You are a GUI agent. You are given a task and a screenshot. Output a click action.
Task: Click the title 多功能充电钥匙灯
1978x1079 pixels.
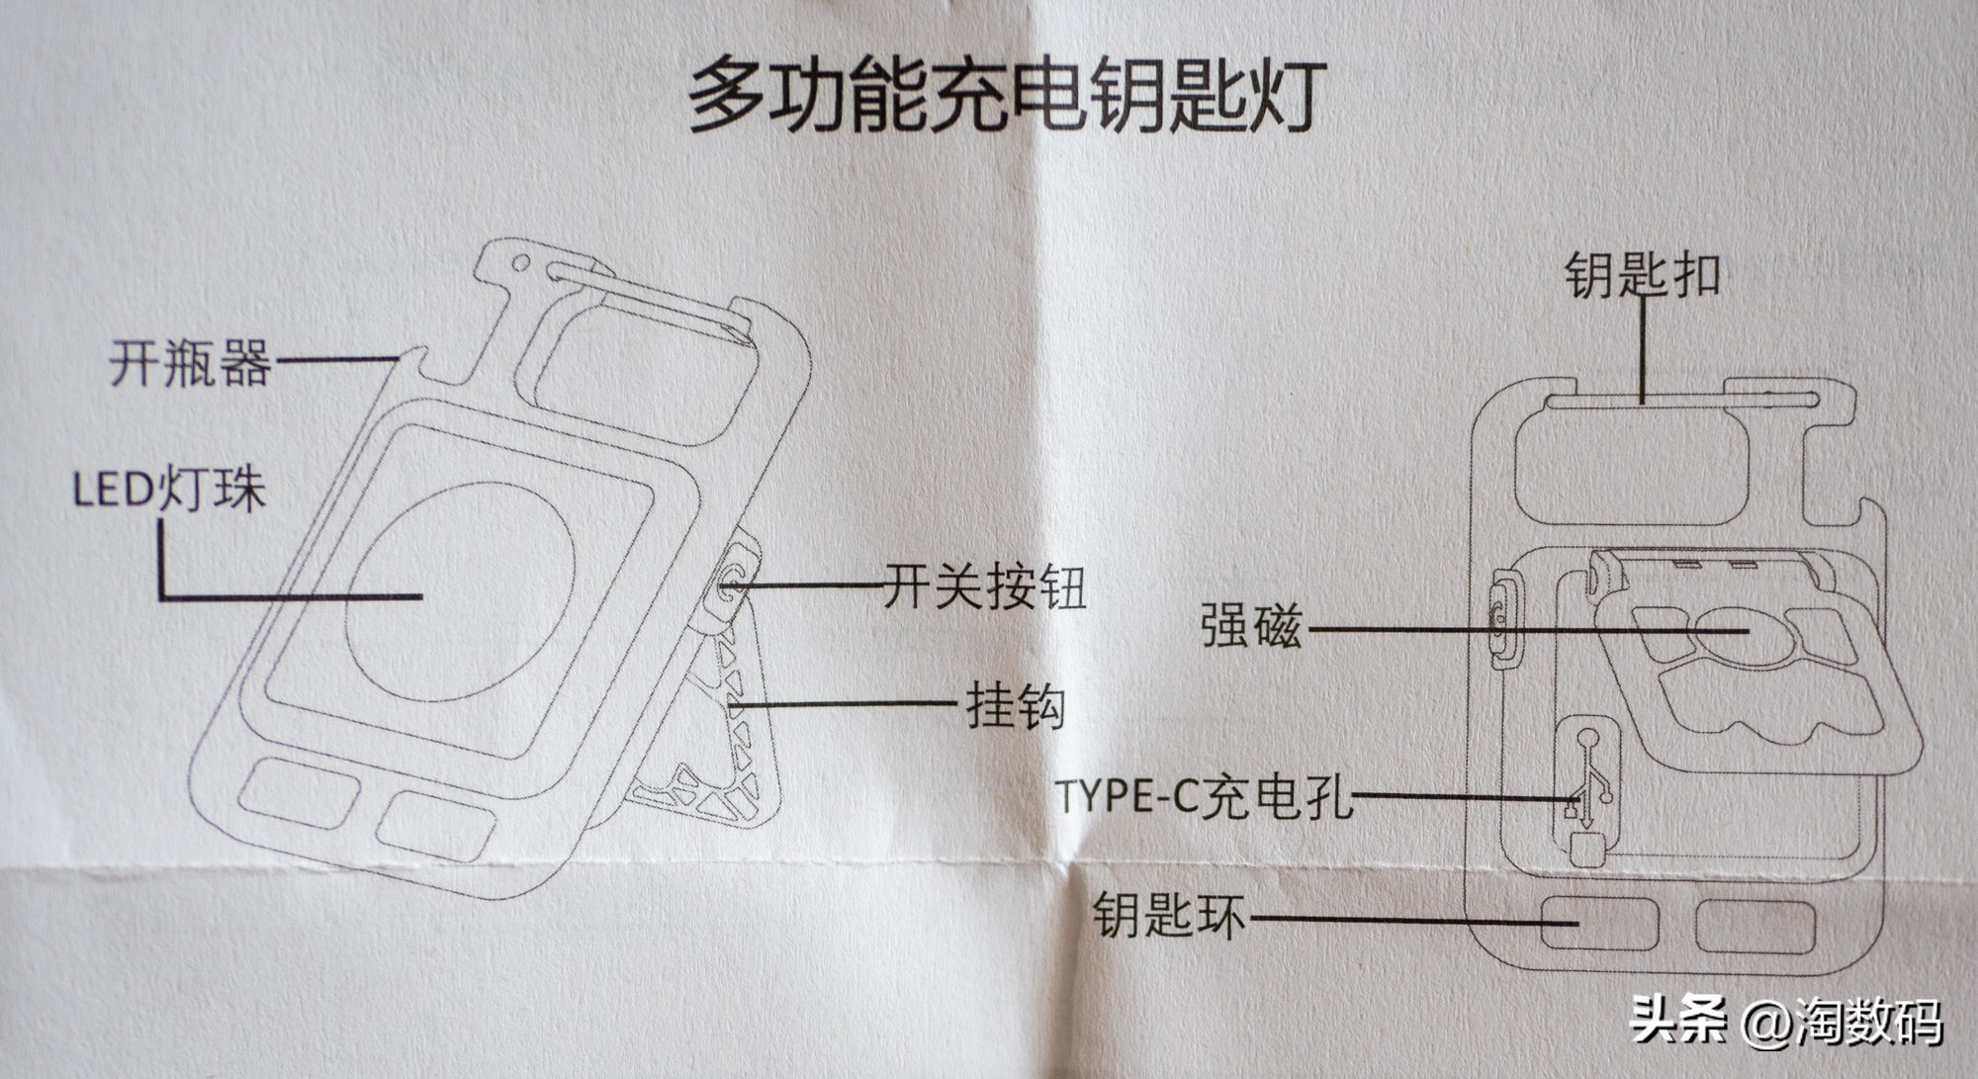pos(1007,97)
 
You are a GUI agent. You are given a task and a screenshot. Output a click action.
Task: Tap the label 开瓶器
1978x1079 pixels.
pos(190,363)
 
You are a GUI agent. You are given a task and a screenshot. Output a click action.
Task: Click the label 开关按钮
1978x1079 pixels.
pos(984,587)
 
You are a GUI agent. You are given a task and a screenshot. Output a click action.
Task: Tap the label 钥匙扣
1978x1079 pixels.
pos(1642,275)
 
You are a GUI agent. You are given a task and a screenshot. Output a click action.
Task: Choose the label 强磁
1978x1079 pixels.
pos(1251,626)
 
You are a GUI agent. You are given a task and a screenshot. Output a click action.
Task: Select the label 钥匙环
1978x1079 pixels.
pos(1168,915)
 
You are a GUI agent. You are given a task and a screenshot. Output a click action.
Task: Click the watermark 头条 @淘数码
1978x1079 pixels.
pos(1786,1021)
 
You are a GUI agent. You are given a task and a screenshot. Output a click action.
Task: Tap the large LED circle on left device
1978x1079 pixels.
pos(460,592)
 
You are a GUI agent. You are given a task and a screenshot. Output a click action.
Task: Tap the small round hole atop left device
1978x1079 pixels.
pos(520,264)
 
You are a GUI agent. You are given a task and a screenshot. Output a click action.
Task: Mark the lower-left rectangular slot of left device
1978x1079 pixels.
pos(299,794)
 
